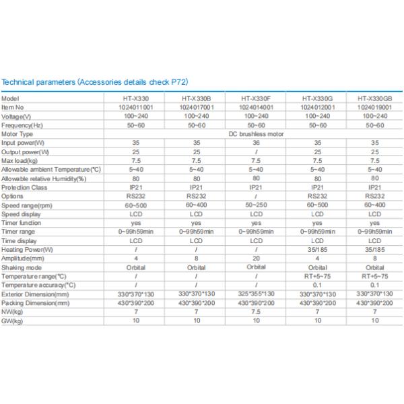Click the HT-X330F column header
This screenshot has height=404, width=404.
coord(256,98)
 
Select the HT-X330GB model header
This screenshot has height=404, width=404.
coord(374,98)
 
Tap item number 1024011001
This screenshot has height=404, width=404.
coord(136,107)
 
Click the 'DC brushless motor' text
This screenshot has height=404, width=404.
coord(256,134)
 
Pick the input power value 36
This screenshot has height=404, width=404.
coord(256,143)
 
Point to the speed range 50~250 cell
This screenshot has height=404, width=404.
coord(256,205)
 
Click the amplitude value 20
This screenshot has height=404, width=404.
coord(256,258)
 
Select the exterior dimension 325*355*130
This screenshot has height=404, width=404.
coord(256,294)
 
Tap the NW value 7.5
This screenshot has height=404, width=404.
coord(256,312)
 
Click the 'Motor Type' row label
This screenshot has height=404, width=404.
coord(17,134)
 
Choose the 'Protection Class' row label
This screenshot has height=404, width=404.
coord(24,187)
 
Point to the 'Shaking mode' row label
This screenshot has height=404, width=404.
coord(22,267)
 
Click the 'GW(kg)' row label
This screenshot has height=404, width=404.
coord(12,321)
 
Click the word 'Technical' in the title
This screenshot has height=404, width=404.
coord(18,82)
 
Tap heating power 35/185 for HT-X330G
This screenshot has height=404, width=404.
coord(317,249)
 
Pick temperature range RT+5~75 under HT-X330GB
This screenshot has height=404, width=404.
coord(374,276)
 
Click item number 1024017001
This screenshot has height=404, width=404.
coord(197,107)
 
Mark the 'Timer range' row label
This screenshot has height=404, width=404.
coord(18,232)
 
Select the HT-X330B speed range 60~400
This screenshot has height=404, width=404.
coord(197,205)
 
